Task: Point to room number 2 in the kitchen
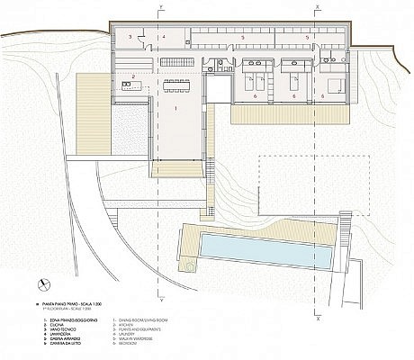(133, 76)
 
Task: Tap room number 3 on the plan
(130, 37)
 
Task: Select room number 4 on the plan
(164, 37)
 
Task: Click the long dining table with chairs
(176, 87)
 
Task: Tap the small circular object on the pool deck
(189, 266)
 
